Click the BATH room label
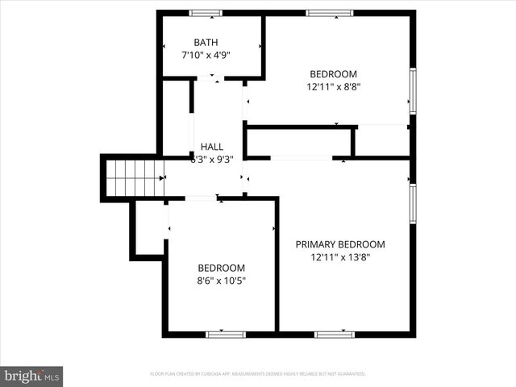206,42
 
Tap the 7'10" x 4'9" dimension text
206,56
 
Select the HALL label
212,146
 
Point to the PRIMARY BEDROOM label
340,244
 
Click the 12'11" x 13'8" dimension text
340,258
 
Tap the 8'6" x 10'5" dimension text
222,281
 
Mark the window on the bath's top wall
206,13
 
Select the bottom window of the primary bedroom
334,334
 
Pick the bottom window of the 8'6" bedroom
226,334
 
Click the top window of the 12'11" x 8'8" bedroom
329,13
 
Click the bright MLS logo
32,376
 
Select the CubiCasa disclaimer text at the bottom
258,374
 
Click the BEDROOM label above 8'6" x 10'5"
222,268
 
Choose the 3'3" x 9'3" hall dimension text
212,160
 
